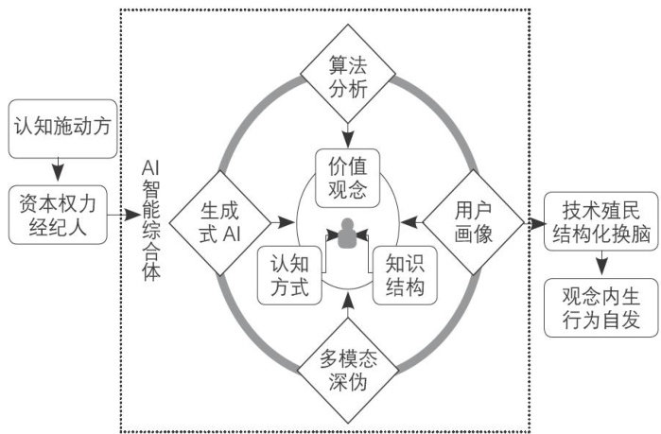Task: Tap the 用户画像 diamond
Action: (472, 222)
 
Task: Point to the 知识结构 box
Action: (404, 274)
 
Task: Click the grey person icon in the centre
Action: (347, 233)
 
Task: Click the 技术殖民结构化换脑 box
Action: (600, 223)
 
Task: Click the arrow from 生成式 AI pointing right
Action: (281, 222)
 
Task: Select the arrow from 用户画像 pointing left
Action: (410, 222)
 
